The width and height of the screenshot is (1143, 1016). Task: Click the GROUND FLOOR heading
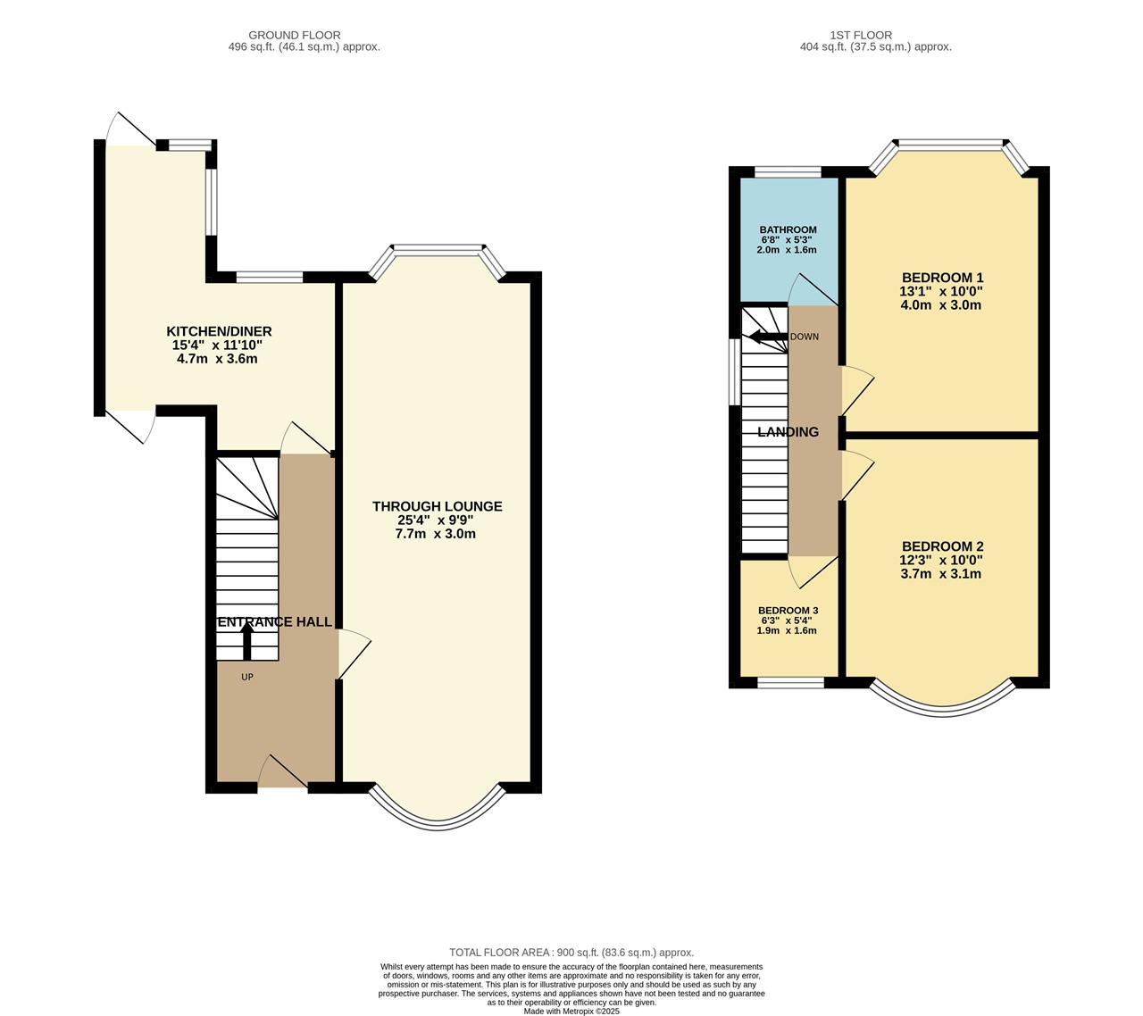[294, 35]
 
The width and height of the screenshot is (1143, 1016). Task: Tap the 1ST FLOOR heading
[860, 35]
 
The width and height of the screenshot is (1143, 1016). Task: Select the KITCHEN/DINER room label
[219, 332]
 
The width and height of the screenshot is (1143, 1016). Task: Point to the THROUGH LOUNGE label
[438, 506]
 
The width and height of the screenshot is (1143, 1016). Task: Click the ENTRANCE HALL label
[275, 621]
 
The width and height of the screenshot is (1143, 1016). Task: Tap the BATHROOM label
[788, 229]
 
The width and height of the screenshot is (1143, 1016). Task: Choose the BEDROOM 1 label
[943, 278]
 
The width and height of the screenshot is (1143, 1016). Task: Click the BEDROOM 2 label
[943, 546]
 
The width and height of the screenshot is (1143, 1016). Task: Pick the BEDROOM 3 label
[788, 611]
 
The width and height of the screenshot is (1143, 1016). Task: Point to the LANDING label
[788, 432]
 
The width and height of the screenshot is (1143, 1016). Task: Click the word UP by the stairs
[247, 677]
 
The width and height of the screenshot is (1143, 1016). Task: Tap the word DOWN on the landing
[805, 337]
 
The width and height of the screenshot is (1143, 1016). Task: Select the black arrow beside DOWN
[768, 337]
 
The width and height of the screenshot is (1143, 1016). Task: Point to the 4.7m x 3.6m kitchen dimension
[217, 359]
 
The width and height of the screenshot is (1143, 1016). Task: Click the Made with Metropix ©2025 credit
[571, 1012]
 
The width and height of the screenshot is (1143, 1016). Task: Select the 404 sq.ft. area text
[876, 46]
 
